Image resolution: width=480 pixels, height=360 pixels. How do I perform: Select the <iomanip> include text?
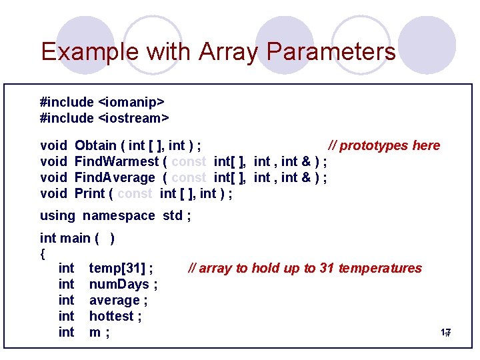pyautogui.click(x=131, y=102)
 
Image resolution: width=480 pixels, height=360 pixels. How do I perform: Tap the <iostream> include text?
pyautogui.click(x=133, y=118)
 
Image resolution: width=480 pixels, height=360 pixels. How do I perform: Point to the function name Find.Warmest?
pyautogui.click(x=116, y=161)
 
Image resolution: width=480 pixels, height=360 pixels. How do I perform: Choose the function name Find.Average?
pyautogui.click(x=115, y=177)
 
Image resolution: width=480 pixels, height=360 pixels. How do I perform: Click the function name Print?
pyautogui.click(x=90, y=193)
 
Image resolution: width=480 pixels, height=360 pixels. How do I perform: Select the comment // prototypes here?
pyautogui.click(x=385, y=145)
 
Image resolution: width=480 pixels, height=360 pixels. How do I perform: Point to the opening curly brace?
pyautogui.click(x=43, y=253)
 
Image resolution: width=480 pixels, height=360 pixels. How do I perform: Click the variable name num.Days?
pyautogui.click(x=120, y=284)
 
